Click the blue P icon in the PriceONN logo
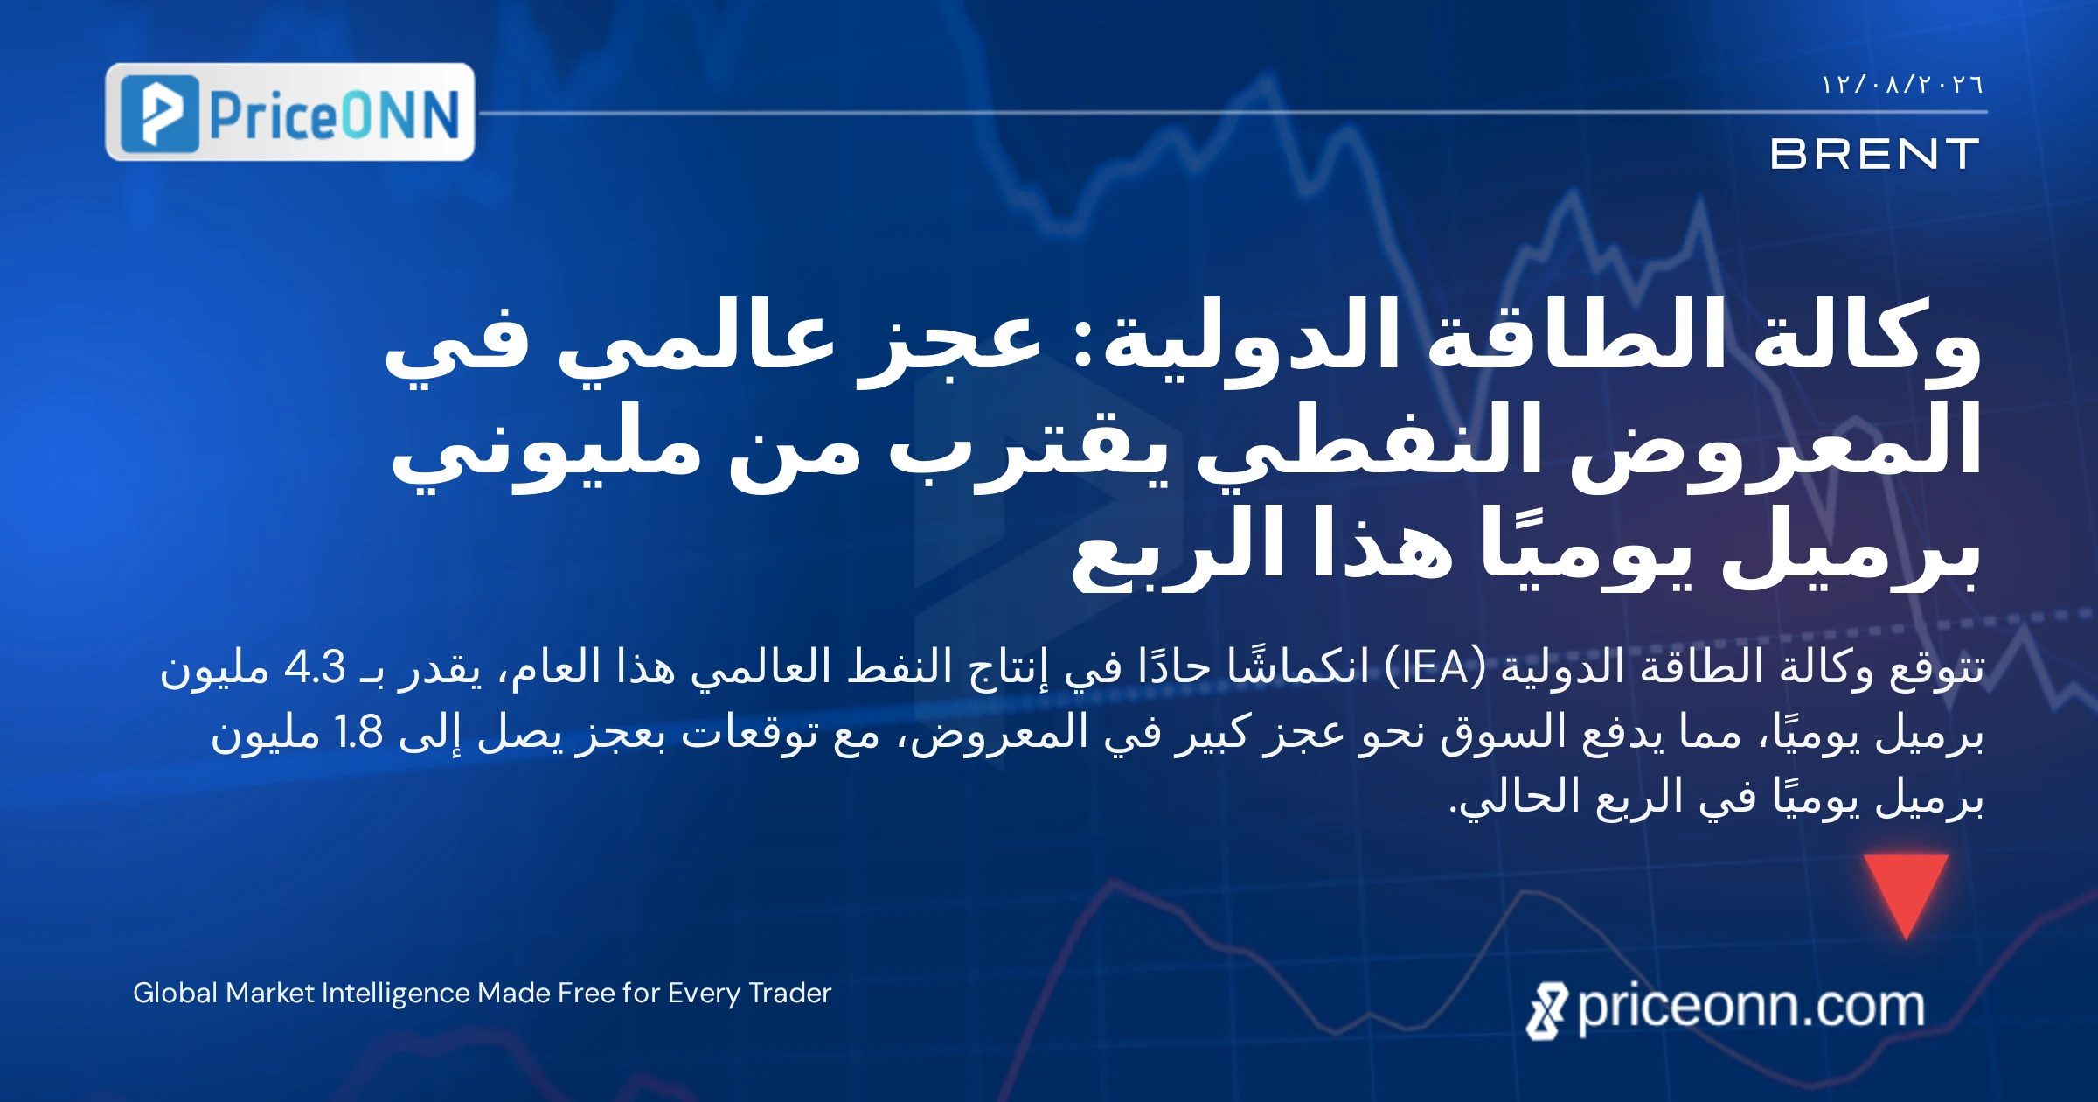click(x=159, y=114)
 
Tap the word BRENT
click(x=1874, y=155)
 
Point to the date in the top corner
click(x=1902, y=85)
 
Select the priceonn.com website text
click(x=1751, y=1008)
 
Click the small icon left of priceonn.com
click(x=1547, y=1011)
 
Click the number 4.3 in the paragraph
click(x=315, y=668)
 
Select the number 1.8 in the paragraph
click(x=359, y=732)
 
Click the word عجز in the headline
click(x=948, y=344)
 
